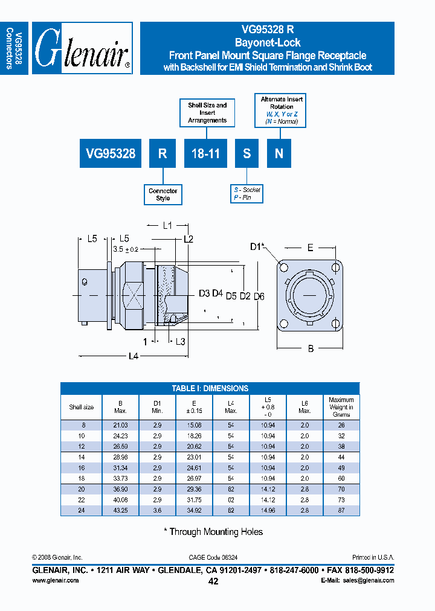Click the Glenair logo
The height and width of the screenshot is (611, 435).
(x=82, y=48)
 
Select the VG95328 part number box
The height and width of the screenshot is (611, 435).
(x=111, y=153)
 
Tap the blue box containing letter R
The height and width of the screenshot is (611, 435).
(x=163, y=153)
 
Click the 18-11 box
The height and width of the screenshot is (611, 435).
(x=205, y=153)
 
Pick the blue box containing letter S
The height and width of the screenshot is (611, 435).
(x=246, y=153)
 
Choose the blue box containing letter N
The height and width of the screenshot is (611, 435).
(x=279, y=153)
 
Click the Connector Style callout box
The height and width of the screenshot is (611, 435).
(x=163, y=194)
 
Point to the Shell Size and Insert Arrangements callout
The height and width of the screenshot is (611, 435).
(x=207, y=113)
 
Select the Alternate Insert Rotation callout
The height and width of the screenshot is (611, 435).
(x=282, y=110)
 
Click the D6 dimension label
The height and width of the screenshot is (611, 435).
(x=259, y=295)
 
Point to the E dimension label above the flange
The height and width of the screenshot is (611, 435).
(x=310, y=247)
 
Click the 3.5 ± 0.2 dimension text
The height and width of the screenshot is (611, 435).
(x=126, y=249)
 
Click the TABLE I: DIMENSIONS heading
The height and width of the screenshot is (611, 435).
(x=210, y=388)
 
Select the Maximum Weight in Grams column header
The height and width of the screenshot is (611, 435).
(x=341, y=407)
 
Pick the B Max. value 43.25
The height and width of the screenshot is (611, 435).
(x=120, y=511)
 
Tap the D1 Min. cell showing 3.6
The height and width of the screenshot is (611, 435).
(x=157, y=511)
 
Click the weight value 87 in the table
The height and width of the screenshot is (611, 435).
(x=341, y=511)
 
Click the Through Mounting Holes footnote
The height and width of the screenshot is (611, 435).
(x=213, y=532)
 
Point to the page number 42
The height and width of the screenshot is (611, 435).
(x=213, y=581)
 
